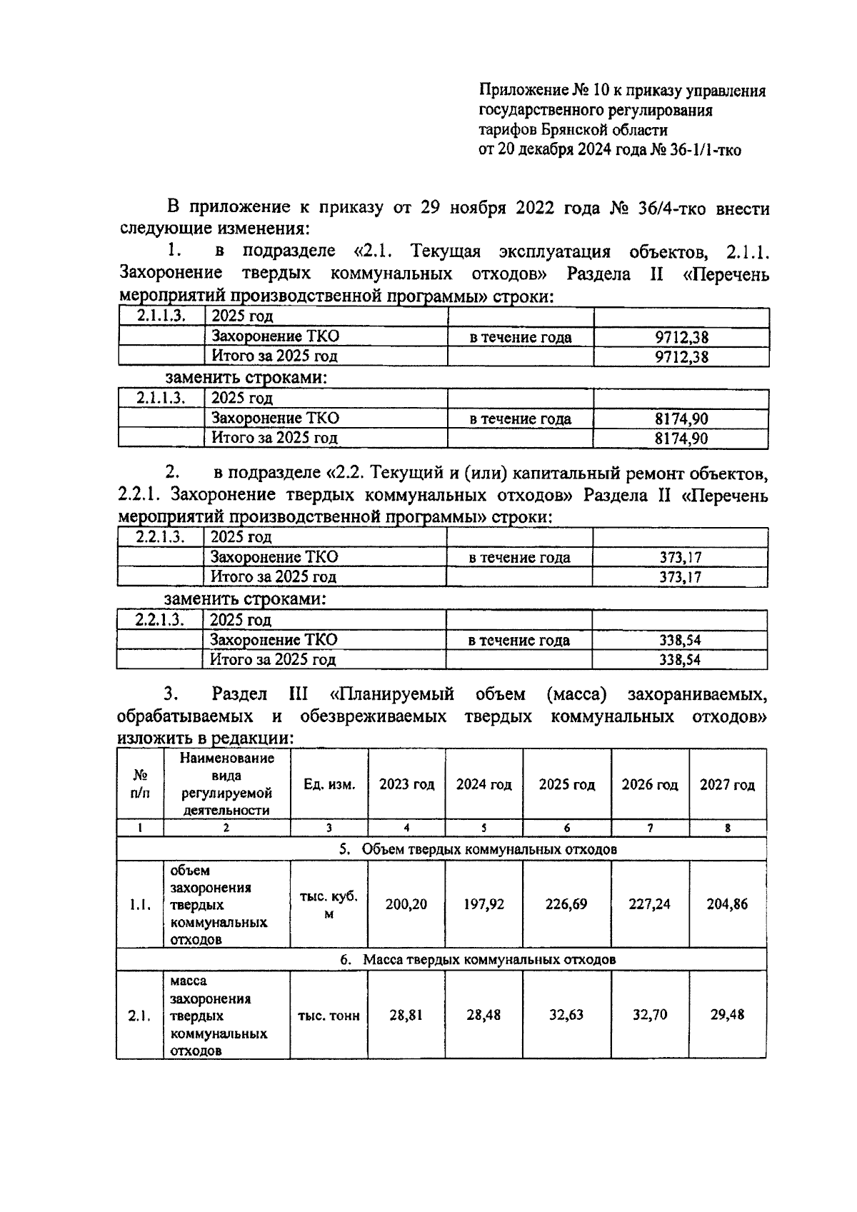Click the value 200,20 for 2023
pyautogui.click(x=406, y=904)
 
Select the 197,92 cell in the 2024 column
pyautogui.click(x=483, y=904)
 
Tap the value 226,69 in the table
pyautogui.click(x=566, y=904)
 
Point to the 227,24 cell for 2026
pyautogui.click(x=649, y=904)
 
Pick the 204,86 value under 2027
pyautogui.click(x=727, y=904)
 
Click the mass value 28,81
pyautogui.click(x=406, y=1015)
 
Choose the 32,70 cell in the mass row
pyautogui.click(x=649, y=1015)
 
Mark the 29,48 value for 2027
pyautogui.click(x=727, y=1015)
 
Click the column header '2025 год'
pyautogui.click(x=566, y=785)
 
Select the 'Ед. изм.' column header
pyautogui.click(x=329, y=785)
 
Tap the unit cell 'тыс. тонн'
pyautogui.click(x=329, y=1016)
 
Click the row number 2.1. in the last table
pyautogui.click(x=139, y=1016)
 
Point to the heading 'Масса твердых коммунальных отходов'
pyautogui.click(x=489, y=959)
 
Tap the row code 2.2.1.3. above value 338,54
pyautogui.click(x=159, y=620)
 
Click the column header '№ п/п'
pyautogui.click(x=140, y=784)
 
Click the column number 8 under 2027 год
pyautogui.click(x=727, y=828)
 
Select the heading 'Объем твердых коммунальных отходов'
pyautogui.click(x=489, y=849)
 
